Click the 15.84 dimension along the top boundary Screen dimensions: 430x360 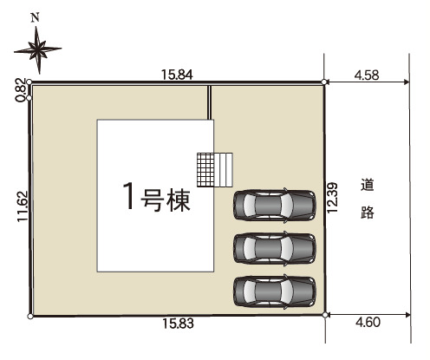click(x=177, y=75)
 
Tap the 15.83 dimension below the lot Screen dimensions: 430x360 click(x=178, y=324)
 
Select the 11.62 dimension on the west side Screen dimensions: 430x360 click(x=23, y=206)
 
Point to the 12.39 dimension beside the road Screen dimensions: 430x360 click(x=332, y=198)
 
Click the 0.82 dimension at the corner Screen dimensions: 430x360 click(x=21, y=90)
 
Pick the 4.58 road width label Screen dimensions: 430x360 click(x=367, y=75)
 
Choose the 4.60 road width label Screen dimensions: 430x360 click(x=368, y=322)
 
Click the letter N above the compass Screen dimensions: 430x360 click(x=36, y=18)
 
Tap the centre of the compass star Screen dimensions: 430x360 click(x=38, y=50)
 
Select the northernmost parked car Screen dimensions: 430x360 click(x=274, y=205)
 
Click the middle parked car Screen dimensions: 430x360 click(x=274, y=248)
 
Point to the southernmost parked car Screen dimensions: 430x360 click(x=274, y=291)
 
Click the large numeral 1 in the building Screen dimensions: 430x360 click(x=129, y=195)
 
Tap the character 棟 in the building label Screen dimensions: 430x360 click(x=179, y=200)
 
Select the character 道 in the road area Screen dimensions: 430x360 click(x=368, y=185)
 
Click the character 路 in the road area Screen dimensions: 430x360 click(x=368, y=212)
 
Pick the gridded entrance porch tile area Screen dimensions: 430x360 click(x=205, y=170)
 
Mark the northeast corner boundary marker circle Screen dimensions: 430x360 click(x=324, y=82)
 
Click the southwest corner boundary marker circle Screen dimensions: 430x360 click(x=30, y=317)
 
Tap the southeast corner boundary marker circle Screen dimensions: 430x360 click(x=325, y=315)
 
